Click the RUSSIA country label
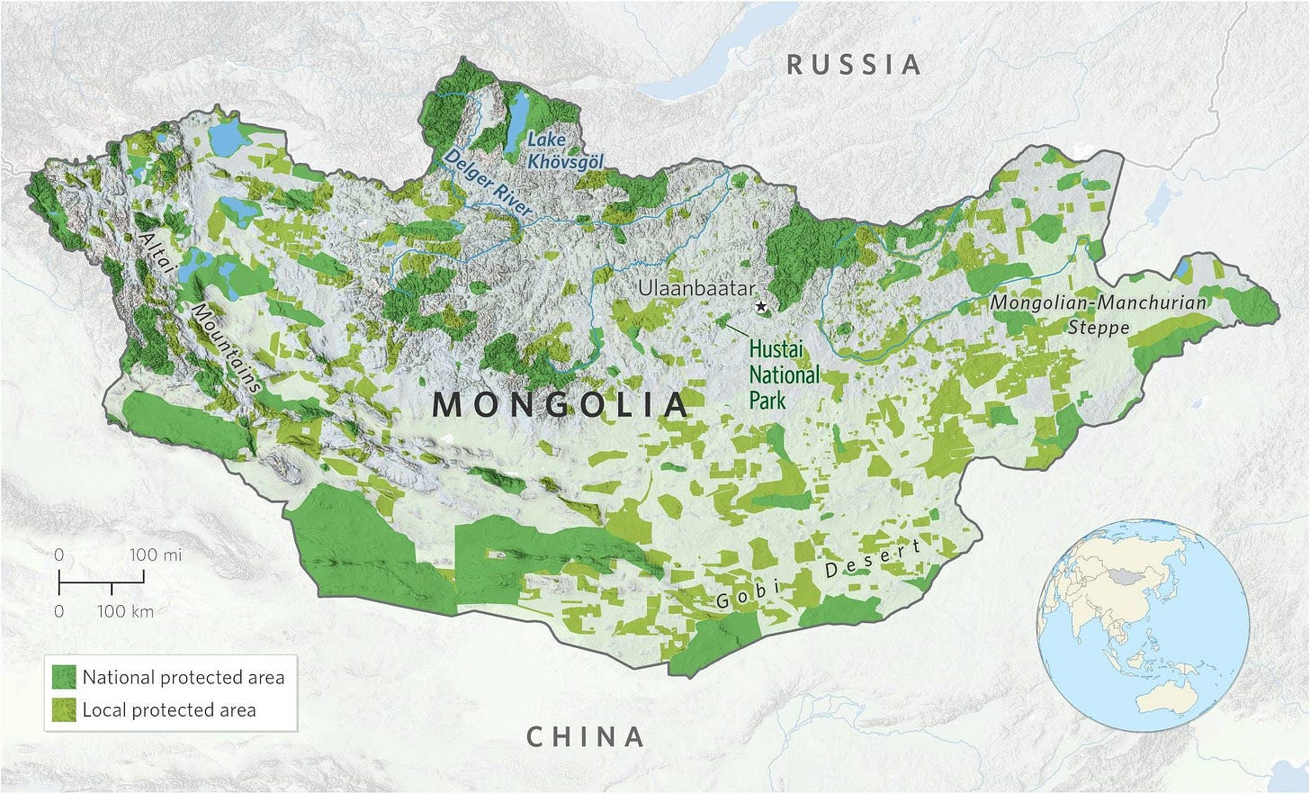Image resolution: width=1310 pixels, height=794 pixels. [854, 65]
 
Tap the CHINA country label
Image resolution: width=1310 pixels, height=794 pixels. [585, 737]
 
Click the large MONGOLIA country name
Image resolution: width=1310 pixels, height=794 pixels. [560, 405]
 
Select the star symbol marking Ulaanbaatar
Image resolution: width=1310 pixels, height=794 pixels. [762, 307]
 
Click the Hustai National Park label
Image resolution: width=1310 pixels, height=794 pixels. [784, 374]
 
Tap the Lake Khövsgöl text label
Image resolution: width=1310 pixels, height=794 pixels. [565, 151]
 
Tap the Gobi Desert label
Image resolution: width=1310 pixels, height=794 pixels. [818, 575]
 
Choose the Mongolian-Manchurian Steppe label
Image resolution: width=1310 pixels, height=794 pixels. [1098, 314]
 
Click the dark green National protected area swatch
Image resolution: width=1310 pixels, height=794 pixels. [64, 677]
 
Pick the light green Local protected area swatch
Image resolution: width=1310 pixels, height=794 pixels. [64, 709]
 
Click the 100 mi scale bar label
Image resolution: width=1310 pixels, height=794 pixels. [155, 555]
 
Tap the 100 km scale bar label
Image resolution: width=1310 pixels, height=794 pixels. [125, 612]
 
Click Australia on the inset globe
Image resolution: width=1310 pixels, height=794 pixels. [1186, 699]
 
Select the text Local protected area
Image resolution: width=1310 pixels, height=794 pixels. [169, 709]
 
